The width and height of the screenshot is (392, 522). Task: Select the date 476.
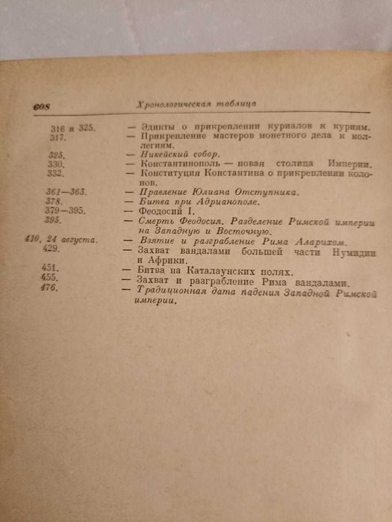[x=51, y=288]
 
